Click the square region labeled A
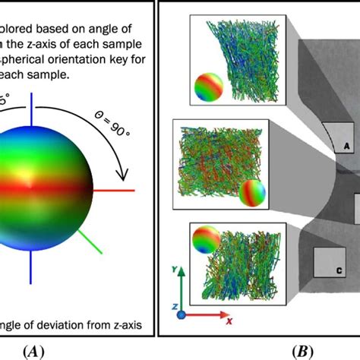[337, 139]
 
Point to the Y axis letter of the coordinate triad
[175, 270]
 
